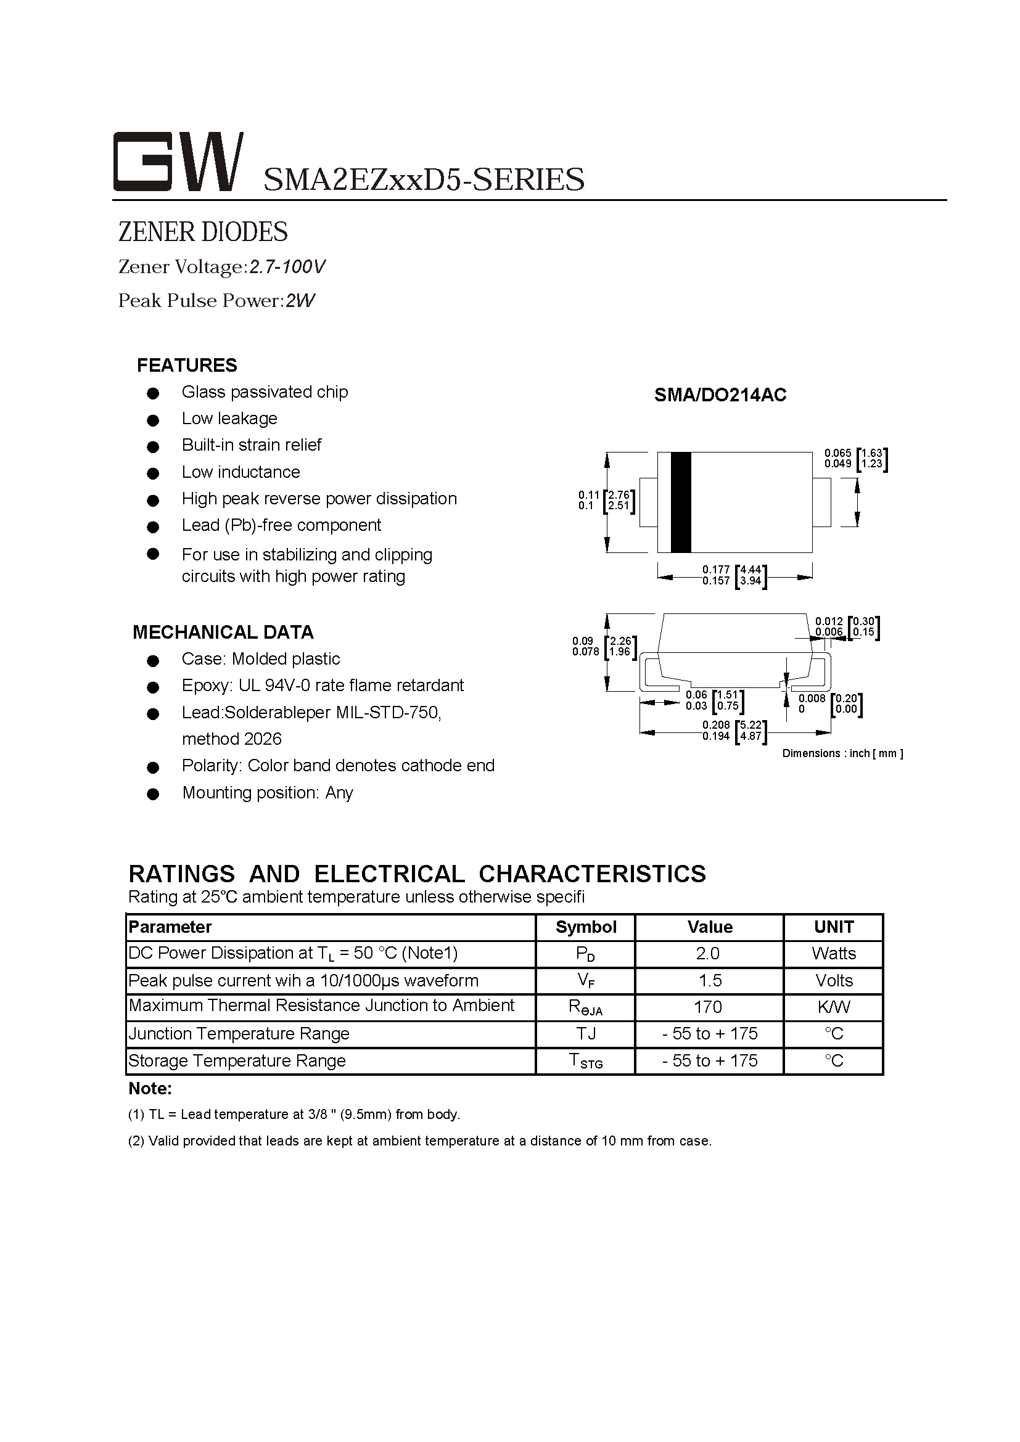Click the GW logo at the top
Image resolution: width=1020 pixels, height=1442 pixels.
tap(178, 162)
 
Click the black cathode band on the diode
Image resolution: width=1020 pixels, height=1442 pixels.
tap(681, 502)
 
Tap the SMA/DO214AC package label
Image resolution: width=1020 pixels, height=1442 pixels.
tap(720, 395)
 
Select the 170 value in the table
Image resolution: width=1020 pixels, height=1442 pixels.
tap(708, 1007)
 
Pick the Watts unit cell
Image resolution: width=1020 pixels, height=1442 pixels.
tap(834, 953)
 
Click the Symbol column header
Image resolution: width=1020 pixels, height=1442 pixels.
tap(586, 927)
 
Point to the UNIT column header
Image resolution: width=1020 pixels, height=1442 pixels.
tap(834, 927)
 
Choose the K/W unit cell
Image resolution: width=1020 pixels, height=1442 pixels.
tap(834, 1007)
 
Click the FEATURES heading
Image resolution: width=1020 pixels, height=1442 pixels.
tap(187, 366)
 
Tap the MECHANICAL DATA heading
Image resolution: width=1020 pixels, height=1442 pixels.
tap(223, 632)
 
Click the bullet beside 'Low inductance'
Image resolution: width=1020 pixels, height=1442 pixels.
tap(152, 473)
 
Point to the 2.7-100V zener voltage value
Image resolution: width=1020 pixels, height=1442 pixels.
tap(287, 267)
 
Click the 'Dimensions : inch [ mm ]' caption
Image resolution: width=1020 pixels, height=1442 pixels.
tap(842, 753)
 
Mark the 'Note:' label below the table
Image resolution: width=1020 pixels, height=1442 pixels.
tap(149, 1088)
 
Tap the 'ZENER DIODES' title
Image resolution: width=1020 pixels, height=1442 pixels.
tap(203, 232)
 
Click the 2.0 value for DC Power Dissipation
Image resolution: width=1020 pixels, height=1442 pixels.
tap(708, 953)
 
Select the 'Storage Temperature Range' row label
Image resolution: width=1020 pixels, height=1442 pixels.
tap(237, 1061)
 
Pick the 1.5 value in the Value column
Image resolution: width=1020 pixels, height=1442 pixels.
tap(710, 980)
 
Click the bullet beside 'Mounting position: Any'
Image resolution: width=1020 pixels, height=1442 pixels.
tap(152, 794)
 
